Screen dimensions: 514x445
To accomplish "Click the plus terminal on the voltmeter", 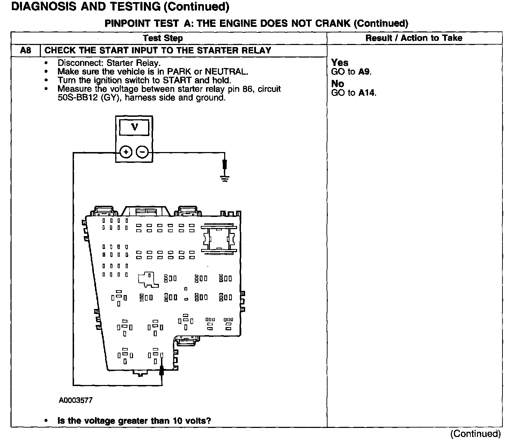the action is click(126, 152).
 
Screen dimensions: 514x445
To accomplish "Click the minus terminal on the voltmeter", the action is click(142, 152).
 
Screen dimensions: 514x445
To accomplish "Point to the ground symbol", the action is click(225, 179).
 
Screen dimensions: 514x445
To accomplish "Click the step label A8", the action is click(25, 51).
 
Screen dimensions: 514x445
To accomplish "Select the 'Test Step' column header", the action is click(163, 38).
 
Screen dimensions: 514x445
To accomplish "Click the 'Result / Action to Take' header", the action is click(414, 38).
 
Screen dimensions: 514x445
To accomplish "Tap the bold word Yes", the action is click(339, 63).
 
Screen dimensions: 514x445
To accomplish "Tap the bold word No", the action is click(337, 84).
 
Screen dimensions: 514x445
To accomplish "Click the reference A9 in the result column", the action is click(365, 72).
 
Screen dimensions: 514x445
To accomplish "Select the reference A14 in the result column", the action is click(367, 93).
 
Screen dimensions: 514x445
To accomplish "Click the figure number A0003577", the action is click(75, 400).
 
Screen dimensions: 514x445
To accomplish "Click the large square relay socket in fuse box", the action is click(219, 239).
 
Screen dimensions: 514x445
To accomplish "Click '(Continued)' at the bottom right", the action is click(475, 434).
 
